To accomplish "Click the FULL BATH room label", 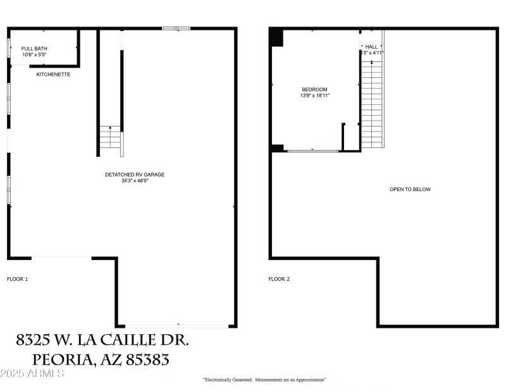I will (34, 49).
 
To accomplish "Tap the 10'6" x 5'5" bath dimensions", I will (34, 55).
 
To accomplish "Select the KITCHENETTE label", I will (53, 75).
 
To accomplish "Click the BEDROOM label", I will (314, 90).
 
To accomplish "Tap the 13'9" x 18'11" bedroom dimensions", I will (314, 96).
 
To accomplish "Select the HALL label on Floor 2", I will (371, 47).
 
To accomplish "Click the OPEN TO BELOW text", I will (410, 189).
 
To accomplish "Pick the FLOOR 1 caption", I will (18, 278).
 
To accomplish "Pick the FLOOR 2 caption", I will (279, 278).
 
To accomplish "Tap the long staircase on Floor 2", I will (372, 101).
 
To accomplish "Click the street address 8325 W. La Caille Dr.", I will (102, 340).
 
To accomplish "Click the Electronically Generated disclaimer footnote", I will (264, 380).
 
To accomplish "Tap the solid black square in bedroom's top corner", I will (276, 38).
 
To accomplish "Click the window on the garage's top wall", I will (176, 28).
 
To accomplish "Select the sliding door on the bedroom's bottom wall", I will (312, 151).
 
